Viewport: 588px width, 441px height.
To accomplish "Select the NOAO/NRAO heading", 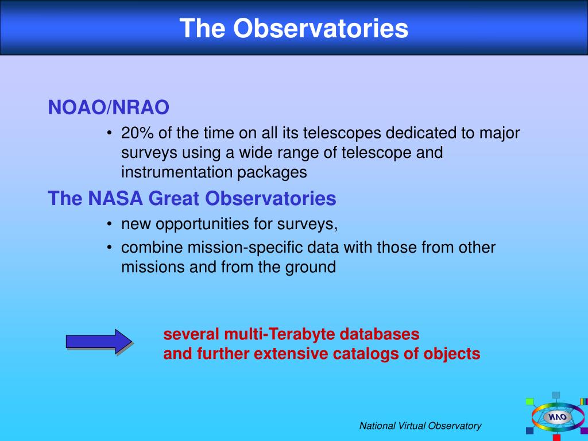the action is pos(109,107).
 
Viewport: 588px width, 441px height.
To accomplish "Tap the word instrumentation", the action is pos(176,172).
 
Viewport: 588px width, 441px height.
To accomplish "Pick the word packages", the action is pos(272,173).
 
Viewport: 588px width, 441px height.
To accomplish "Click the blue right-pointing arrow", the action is pos(99,341).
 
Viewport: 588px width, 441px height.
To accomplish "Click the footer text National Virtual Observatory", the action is pos(420,426).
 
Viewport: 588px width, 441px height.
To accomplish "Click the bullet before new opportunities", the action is pos(109,225).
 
